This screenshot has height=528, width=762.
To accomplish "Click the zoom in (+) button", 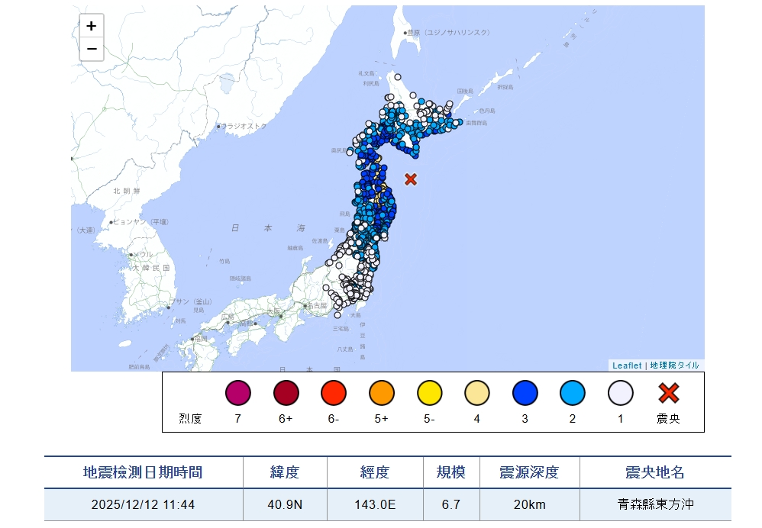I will (x=92, y=26).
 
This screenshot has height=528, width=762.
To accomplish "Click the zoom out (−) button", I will (x=92, y=50).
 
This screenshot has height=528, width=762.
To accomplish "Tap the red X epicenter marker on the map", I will (x=411, y=179).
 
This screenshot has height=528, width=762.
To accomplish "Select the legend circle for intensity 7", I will (x=237, y=393).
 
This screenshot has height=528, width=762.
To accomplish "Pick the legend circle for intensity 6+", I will (x=286, y=393).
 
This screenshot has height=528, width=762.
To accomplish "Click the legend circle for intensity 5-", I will (x=430, y=393).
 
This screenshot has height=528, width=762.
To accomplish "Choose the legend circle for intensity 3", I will (x=525, y=393).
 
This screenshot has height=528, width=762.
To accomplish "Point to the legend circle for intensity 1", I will (x=621, y=393).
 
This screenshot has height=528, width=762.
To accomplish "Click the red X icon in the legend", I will (x=669, y=393).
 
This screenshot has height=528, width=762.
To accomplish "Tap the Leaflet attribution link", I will (x=627, y=365).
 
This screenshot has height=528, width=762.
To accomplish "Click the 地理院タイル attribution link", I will (x=674, y=365).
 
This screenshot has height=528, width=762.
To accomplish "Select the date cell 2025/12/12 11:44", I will (x=143, y=505).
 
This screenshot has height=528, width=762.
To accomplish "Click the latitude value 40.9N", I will (x=285, y=505).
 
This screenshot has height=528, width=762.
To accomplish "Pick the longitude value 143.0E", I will (x=375, y=505).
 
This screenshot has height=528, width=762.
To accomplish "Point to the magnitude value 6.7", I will (x=450, y=505).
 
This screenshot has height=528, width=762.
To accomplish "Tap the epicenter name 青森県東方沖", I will (x=654, y=505).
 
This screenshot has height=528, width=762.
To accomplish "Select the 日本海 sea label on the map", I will (x=267, y=228).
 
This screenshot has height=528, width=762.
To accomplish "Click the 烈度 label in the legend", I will (x=190, y=418).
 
